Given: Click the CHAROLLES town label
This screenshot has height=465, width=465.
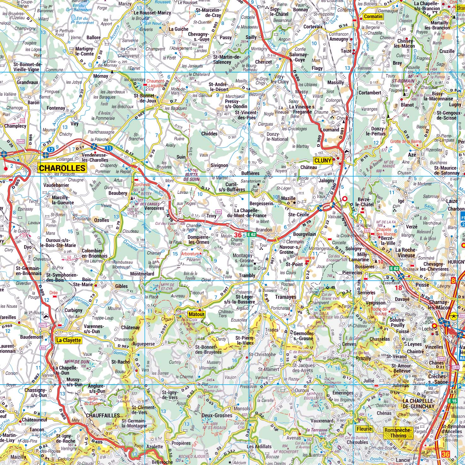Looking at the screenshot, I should click(62, 168).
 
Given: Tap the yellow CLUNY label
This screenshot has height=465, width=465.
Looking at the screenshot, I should click(323, 160).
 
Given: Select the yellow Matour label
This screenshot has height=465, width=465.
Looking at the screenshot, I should click(196, 314).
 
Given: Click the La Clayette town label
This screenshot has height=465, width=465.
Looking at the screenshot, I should click(68, 340).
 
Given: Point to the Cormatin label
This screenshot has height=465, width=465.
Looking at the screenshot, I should click(373, 16).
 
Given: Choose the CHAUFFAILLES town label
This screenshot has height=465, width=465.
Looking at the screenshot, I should click(103, 416).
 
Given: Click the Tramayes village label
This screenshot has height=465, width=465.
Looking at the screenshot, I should click(285, 297).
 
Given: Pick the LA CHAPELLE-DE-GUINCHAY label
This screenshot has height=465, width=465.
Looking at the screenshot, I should click(418, 404).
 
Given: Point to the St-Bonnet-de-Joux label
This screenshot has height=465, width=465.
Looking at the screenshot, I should click(145, 98).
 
